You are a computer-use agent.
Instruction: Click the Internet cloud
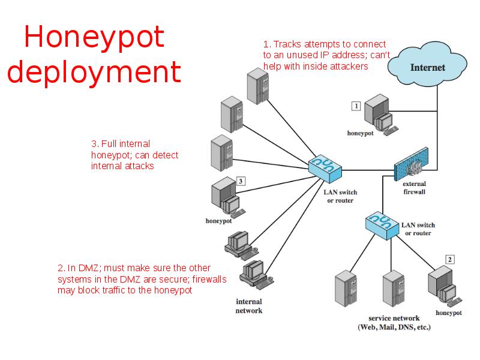coord(427,66)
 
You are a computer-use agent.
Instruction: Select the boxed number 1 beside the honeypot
coord(356,106)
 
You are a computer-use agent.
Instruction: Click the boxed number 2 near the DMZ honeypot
coord(450,260)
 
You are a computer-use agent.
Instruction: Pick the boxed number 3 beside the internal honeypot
coord(241,181)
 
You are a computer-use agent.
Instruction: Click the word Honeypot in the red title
coord(94,37)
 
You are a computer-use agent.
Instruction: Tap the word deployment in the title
coord(94,72)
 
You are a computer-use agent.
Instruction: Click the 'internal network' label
coord(249,306)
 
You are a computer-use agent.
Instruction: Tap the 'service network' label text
coord(394,318)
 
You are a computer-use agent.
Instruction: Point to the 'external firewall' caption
coord(414,188)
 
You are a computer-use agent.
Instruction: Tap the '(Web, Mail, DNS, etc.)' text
coord(394,328)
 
